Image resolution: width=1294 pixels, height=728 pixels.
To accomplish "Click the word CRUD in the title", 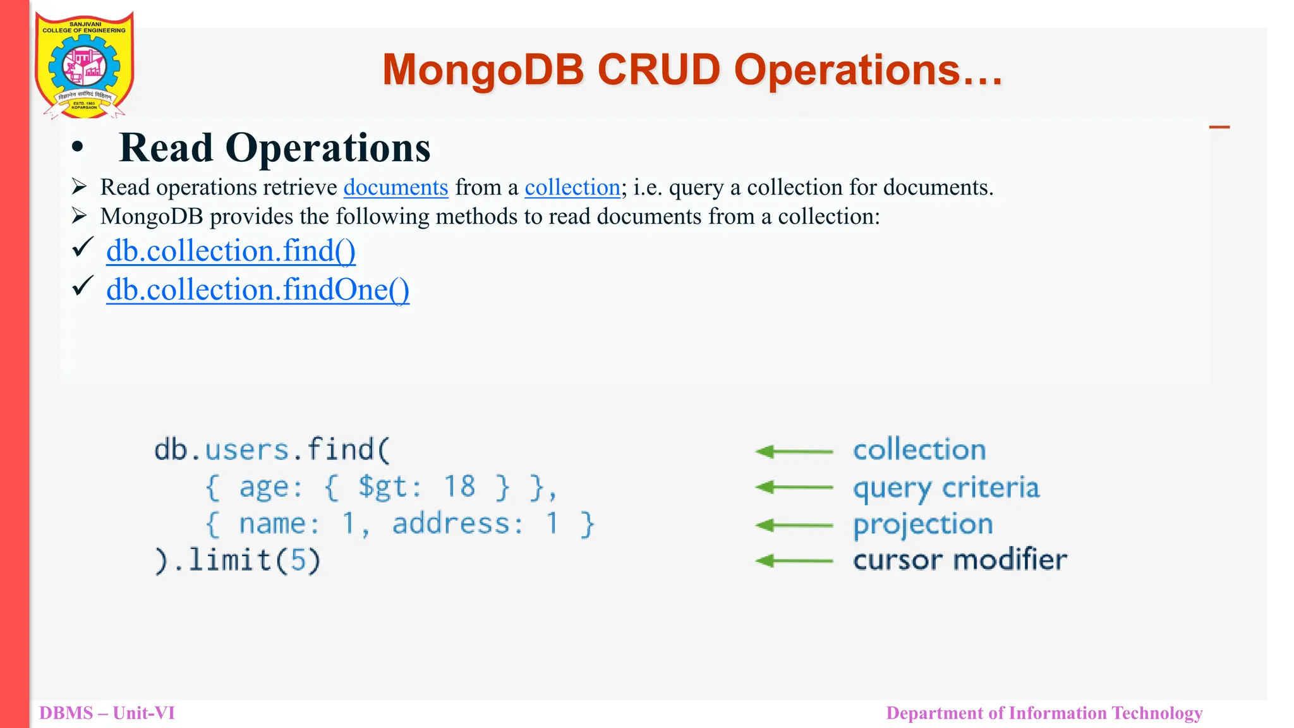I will (658, 70).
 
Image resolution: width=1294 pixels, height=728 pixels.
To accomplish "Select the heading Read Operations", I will (274, 148).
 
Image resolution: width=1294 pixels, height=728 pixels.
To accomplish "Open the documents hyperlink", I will (396, 188).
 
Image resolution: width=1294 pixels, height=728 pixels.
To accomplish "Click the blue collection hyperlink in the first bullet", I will (572, 188).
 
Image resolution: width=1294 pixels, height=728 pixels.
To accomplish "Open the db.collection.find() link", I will (231, 251).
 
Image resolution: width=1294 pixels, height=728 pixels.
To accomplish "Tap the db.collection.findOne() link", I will (258, 289).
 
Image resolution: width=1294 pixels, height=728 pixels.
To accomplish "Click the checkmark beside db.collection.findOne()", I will (83, 286).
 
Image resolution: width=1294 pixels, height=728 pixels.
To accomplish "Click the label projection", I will (922, 525).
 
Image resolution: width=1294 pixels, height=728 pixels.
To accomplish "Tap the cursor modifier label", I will (960, 561).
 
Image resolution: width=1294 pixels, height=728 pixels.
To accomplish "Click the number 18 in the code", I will (459, 487).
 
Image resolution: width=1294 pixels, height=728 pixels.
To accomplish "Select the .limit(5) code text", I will (247, 561).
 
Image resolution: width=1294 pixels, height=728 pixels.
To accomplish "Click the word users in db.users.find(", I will (247, 450).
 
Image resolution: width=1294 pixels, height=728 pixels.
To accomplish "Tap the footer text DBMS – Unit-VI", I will (107, 713).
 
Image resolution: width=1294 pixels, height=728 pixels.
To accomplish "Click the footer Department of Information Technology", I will (1044, 713).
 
